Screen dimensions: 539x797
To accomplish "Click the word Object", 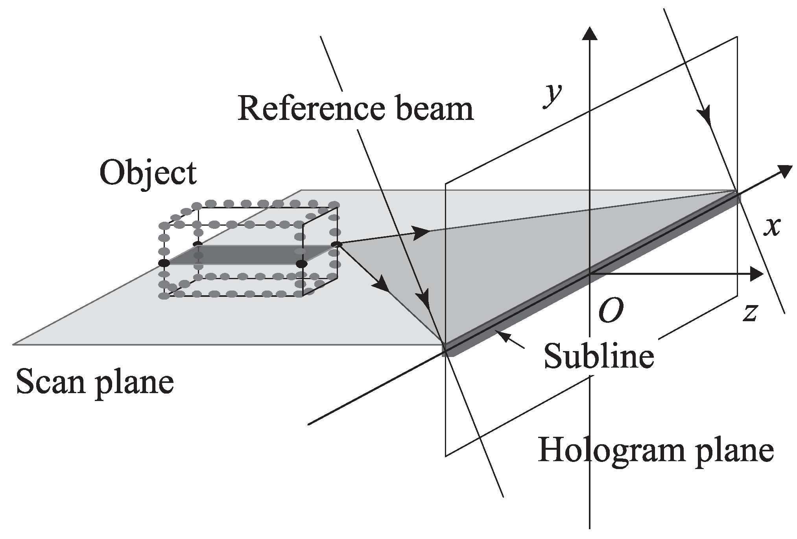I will point(148,173).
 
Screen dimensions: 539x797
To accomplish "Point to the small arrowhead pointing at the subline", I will point(502,335).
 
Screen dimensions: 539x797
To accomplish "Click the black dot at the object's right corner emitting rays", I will point(336,245).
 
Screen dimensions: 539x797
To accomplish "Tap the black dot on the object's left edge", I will point(164,263).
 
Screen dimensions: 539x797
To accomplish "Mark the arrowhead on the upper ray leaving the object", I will point(422,232).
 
